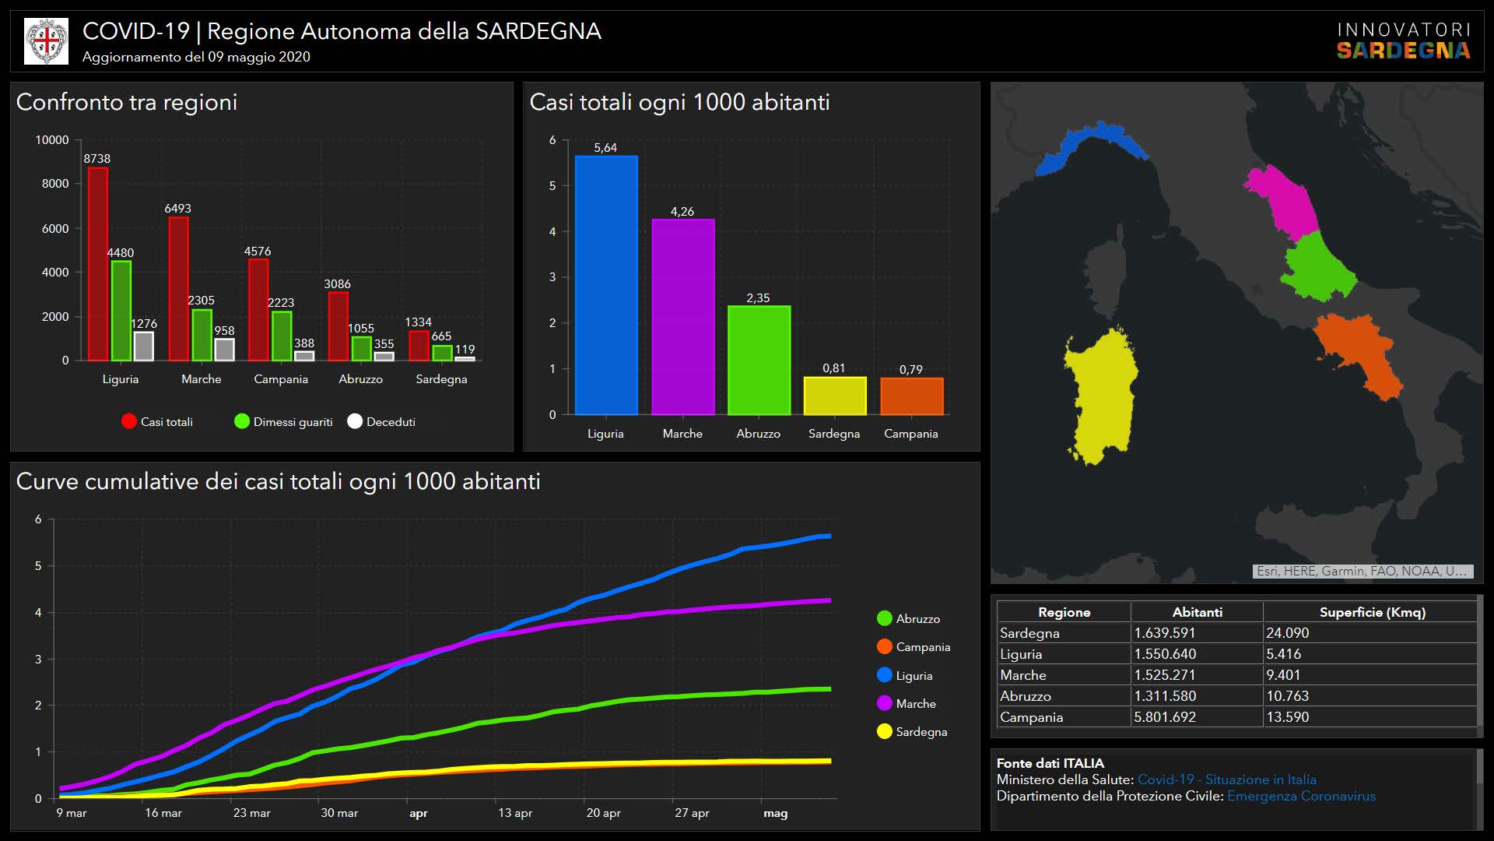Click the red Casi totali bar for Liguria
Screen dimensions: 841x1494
coord(97,265)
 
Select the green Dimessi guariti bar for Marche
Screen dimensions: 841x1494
coord(202,336)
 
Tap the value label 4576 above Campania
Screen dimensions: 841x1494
coord(258,252)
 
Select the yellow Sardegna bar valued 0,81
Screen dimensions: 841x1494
coord(834,396)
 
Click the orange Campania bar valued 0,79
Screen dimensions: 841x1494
coord(911,396)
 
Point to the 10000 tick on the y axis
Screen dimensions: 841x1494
coord(52,140)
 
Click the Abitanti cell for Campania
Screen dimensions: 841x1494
coord(1165,717)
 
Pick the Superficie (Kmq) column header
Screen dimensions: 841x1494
coord(1372,612)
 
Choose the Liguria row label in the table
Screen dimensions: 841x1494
coord(1021,654)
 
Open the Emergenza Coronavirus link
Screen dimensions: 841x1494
coord(1301,796)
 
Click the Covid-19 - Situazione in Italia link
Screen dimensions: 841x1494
coord(1226,779)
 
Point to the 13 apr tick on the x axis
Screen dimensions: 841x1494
coord(515,813)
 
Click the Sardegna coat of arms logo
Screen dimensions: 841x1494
coord(47,41)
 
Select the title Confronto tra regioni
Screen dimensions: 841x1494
coord(127,102)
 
